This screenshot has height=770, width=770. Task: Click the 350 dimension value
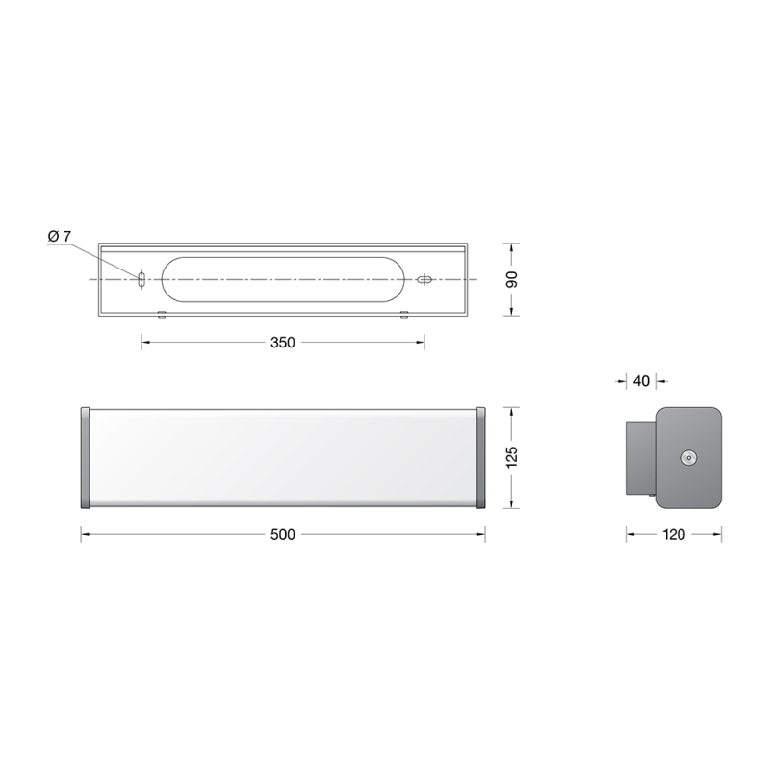(282, 343)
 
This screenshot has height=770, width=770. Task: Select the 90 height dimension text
(513, 279)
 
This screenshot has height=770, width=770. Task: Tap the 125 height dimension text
(513, 457)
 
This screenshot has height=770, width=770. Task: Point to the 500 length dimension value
(282, 535)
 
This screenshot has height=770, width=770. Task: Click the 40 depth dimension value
(641, 380)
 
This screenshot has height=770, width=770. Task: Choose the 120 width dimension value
(674, 535)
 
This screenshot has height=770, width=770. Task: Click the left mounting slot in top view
(142, 279)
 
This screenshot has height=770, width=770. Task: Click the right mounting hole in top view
(423, 279)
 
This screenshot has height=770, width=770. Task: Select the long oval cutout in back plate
(282, 279)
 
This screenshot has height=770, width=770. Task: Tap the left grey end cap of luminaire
(85, 457)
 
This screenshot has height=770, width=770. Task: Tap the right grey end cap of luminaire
(479, 457)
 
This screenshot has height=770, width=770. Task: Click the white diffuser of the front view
(282, 457)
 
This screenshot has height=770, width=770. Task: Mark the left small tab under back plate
(162, 314)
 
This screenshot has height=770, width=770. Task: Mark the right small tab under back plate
(405, 314)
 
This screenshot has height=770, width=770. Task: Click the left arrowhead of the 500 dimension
(84, 535)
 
